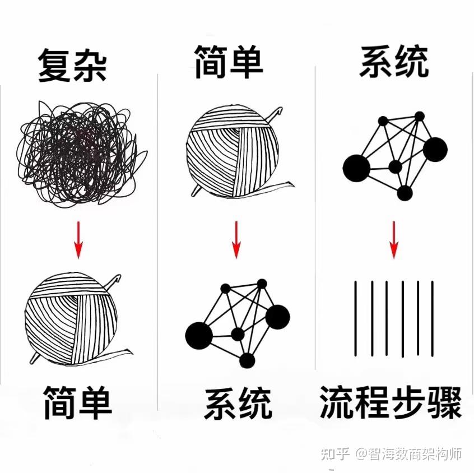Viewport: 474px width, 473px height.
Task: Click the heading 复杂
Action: coord(72,66)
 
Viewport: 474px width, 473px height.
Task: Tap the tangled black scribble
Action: coord(80,154)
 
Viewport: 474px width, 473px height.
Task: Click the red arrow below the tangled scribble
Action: coord(78,240)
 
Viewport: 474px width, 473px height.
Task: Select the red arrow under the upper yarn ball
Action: coord(236,240)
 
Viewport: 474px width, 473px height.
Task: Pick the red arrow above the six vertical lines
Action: coord(393,240)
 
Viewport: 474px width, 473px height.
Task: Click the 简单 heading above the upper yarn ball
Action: coord(229,62)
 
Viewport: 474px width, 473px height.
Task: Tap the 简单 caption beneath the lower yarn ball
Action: coord(78,402)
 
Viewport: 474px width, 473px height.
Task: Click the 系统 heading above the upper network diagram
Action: coord(394,62)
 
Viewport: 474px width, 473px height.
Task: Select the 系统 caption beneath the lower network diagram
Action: coord(238,404)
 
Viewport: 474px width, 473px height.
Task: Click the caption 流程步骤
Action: coord(391,402)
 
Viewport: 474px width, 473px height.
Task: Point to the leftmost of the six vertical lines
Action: coord(356,318)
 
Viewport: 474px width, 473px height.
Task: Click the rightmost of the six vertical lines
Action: coord(433,318)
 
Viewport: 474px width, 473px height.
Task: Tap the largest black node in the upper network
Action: coord(356,168)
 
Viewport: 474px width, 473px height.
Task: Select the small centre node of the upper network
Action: coord(395,167)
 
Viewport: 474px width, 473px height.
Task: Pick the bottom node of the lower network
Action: coord(247,360)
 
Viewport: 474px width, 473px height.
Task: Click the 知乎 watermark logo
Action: coord(334,453)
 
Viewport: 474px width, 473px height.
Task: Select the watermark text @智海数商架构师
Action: coord(408,453)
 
